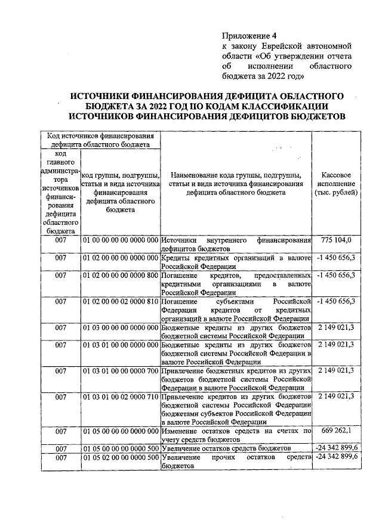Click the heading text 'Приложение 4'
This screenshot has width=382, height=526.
245,35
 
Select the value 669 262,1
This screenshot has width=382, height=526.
337,431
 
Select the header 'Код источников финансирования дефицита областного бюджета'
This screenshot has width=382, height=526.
100,140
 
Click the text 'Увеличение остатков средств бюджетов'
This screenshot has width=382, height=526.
226,448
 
